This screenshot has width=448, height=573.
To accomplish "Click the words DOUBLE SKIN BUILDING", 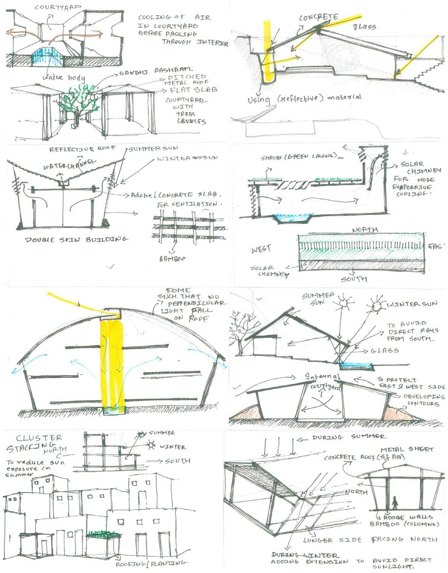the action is tap(76, 240).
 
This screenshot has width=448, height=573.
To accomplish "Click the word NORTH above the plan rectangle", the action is tap(365, 230).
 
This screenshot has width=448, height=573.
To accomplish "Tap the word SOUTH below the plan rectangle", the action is tap(354, 279).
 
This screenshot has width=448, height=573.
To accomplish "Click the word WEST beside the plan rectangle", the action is tap(261, 250).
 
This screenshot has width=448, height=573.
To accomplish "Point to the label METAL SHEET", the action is tap(407, 450).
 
